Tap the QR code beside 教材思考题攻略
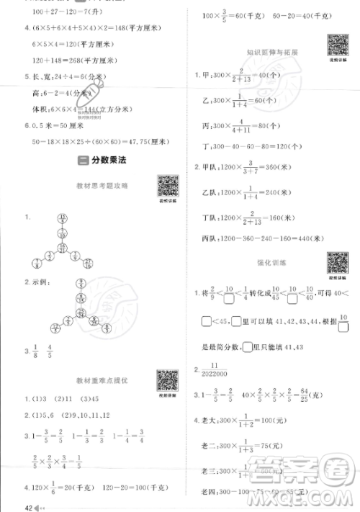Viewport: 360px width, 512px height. tap(168, 186)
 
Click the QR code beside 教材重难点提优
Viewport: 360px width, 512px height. tap(168, 380)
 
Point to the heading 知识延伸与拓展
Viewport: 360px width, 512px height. tap(271, 53)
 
